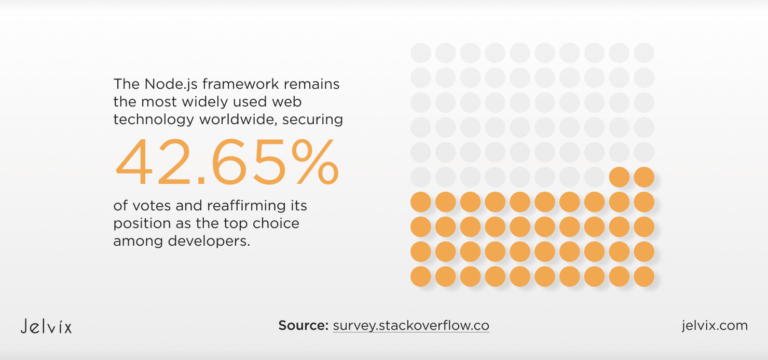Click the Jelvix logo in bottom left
click(x=46, y=326)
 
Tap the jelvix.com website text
click(x=713, y=326)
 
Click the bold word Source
click(x=303, y=326)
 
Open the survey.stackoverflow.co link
click(x=412, y=326)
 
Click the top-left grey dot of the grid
click(x=421, y=52)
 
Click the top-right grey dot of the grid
click(x=644, y=52)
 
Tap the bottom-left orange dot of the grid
click(x=421, y=275)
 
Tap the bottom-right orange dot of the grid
click(x=644, y=275)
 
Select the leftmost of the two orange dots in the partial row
click(x=619, y=177)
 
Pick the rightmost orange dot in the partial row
click(x=644, y=177)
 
